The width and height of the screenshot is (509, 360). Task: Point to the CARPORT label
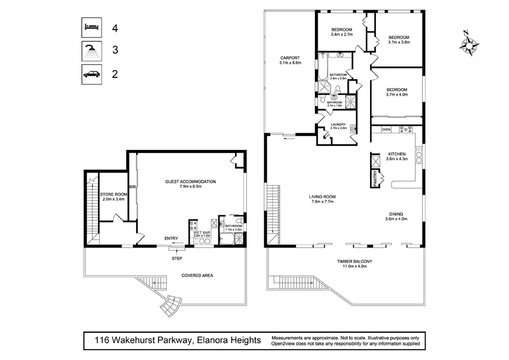click(x=290, y=59)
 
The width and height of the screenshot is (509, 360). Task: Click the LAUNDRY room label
click(x=338, y=125)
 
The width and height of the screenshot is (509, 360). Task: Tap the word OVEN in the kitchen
click(x=386, y=129)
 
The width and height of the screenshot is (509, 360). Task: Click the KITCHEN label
click(x=397, y=154)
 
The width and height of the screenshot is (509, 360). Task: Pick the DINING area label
click(x=397, y=215)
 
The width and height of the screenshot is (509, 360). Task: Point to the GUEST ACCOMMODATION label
click(x=190, y=182)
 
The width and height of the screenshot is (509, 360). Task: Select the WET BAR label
click(x=202, y=232)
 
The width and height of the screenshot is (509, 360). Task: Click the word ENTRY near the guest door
click(x=172, y=238)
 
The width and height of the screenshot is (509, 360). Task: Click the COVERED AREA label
click(x=197, y=275)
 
